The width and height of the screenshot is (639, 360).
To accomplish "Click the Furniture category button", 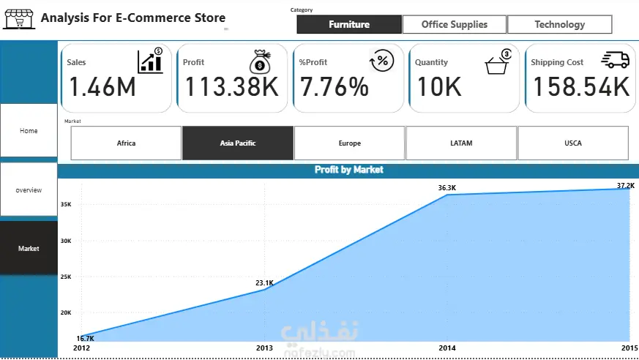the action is point(349,24).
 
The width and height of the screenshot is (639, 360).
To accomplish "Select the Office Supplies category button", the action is point(455,24).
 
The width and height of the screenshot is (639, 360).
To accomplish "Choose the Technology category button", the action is point(559,24).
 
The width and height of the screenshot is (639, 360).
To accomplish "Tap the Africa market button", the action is point(126,143).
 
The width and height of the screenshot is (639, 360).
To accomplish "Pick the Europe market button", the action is point(349,143).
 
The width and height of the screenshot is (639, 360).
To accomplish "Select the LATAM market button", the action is point(461,143).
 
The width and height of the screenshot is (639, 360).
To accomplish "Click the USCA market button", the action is point(573,143).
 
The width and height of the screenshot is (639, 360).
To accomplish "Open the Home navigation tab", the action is point(29,130).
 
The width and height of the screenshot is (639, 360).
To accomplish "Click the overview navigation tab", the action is point(29,190).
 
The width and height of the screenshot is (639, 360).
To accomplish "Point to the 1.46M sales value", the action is point(102,87).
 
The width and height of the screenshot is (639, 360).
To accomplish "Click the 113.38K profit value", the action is point(232,87).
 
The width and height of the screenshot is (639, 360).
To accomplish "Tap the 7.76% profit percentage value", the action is point(335,87).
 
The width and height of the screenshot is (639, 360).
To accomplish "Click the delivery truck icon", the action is point(616,59).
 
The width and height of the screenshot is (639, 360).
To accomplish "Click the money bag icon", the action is point(260,61).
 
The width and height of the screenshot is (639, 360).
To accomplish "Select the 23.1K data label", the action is point(264,282).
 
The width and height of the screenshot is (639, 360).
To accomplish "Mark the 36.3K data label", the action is point(447,188).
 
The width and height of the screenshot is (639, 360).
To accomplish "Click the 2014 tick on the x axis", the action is point(447,348).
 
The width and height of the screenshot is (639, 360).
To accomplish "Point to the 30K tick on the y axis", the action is point(66,241).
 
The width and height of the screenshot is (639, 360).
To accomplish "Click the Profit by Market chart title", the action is point(349,170).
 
